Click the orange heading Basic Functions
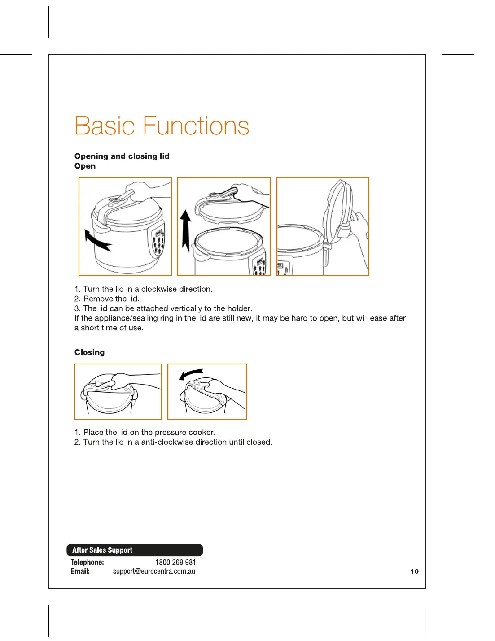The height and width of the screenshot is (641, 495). pos(162,126)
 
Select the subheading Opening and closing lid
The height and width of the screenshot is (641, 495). pos(122,156)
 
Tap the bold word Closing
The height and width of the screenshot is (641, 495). pos(89,352)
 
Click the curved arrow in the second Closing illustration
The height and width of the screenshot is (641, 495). pos(191,374)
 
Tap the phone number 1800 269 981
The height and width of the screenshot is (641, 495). pos(175,562)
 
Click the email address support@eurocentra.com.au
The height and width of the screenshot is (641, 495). pos(154,571)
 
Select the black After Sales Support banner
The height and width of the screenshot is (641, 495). pos(135,550)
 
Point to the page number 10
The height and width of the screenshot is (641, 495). pos(414,572)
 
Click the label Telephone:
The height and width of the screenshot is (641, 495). pos(87,562)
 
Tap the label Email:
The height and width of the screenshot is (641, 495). pos(80,571)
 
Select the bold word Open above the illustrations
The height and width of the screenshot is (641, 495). pos(85,166)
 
